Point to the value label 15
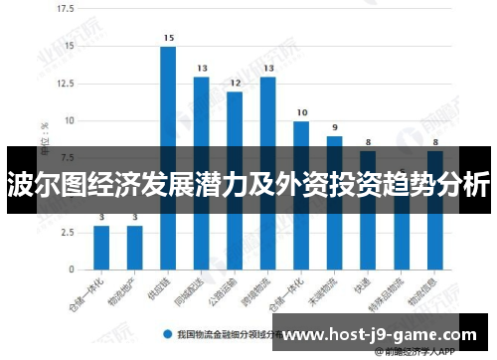(x=168, y=38)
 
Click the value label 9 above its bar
(x=335, y=127)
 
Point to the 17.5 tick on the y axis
(x=65, y=9)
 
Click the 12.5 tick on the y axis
(x=65, y=84)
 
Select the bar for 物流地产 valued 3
(x=134, y=248)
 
